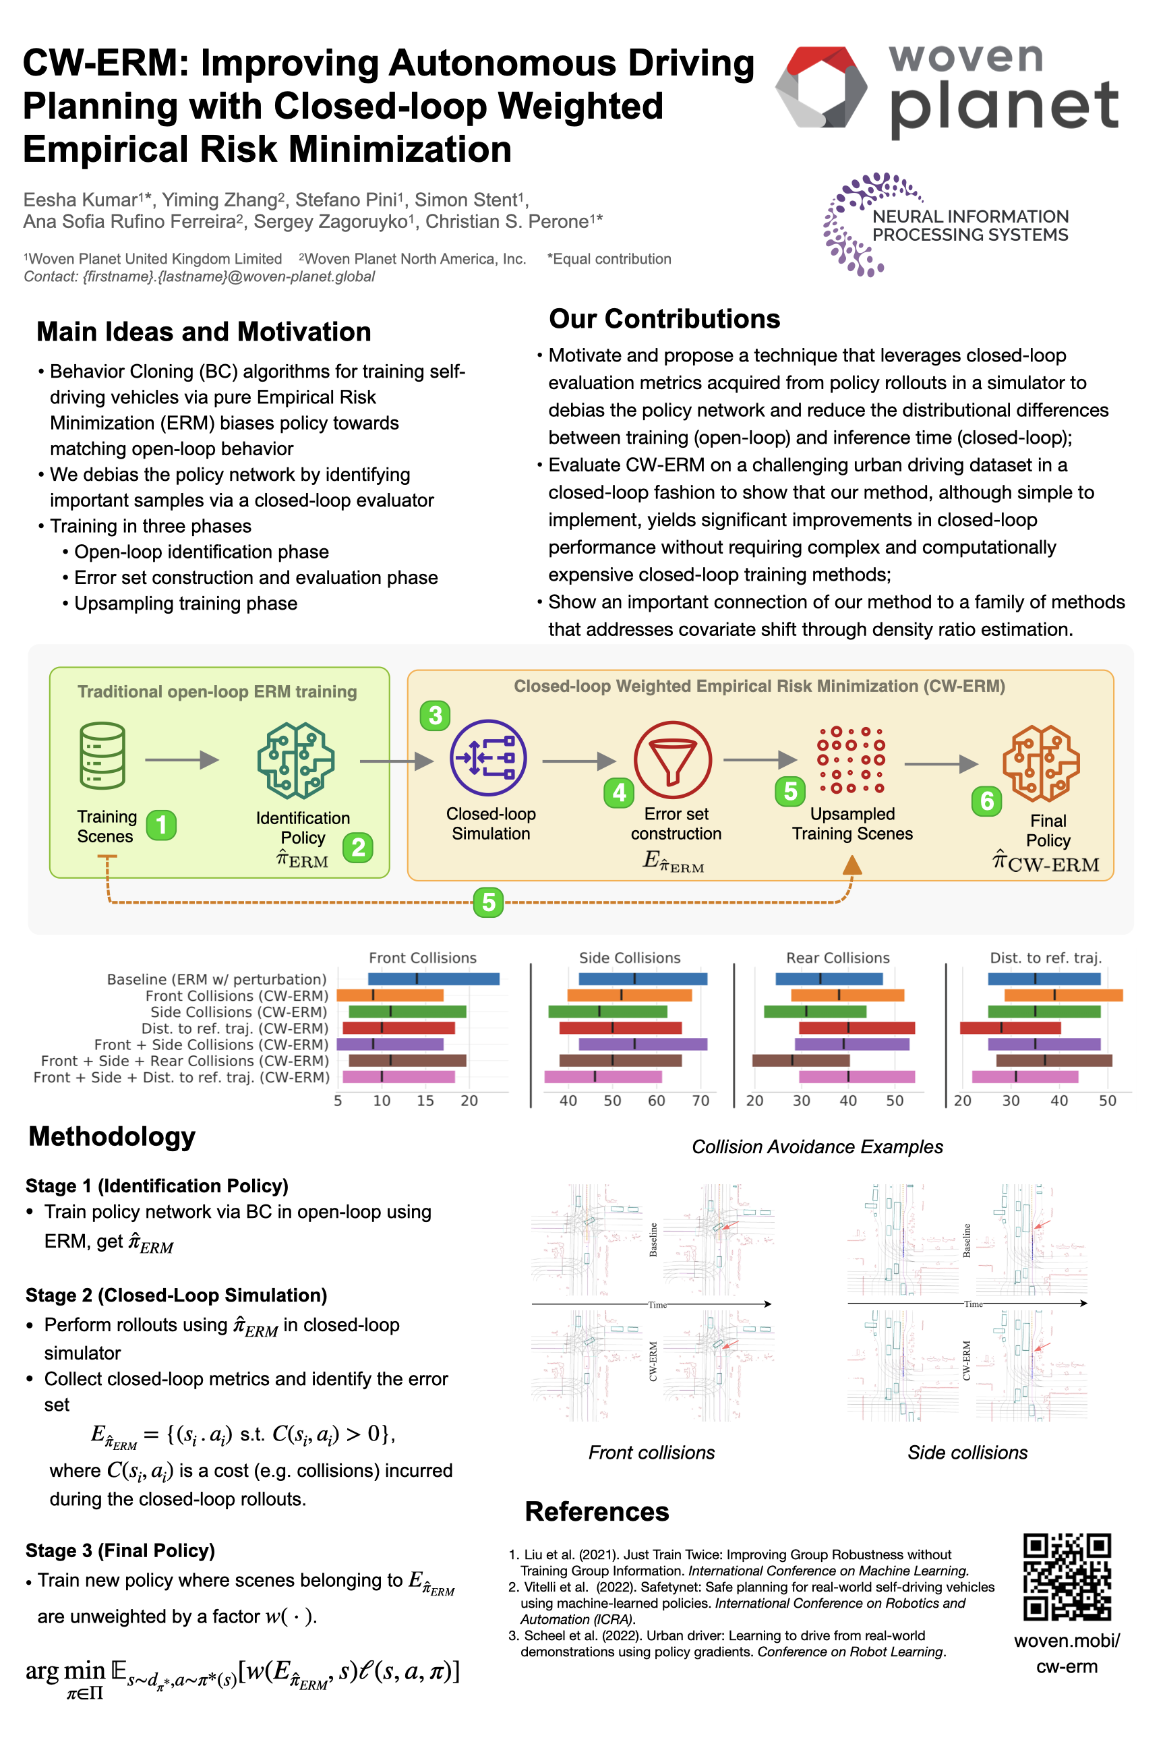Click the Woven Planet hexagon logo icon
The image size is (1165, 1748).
pyautogui.click(x=821, y=88)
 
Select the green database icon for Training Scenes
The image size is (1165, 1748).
pyautogui.click(x=102, y=756)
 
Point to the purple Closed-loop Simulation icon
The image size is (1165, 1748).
pyautogui.click(x=488, y=758)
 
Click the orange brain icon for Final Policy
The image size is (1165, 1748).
pyautogui.click(x=1041, y=763)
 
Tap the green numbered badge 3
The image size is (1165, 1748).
pyautogui.click(x=436, y=715)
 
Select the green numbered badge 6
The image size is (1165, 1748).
pyautogui.click(x=987, y=801)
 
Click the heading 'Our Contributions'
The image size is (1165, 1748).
pyautogui.click(x=664, y=319)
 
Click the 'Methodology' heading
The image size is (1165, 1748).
pyautogui.click(x=112, y=1136)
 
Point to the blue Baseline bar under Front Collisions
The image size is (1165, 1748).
pyautogui.click(x=434, y=979)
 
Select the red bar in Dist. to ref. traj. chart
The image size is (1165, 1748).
pyautogui.click(x=1010, y=1028)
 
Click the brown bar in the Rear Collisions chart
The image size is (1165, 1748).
pyautogui.click(x=800, y=1061)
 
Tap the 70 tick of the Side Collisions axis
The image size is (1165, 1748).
pyautogui.click(x=700, y=1101)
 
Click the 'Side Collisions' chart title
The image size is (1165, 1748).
pyautogui.click(x=629, y=958)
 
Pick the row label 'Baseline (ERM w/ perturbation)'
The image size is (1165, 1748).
pyautogui.click(x=217, y=979)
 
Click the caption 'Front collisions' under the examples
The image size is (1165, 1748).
pyautogui.click(x=651, y=1452)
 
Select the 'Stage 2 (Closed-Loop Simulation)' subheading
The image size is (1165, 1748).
pyautogui.click(x=176, y=1295)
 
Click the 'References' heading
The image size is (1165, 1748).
pyautogui.click(x=597, y=1512)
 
